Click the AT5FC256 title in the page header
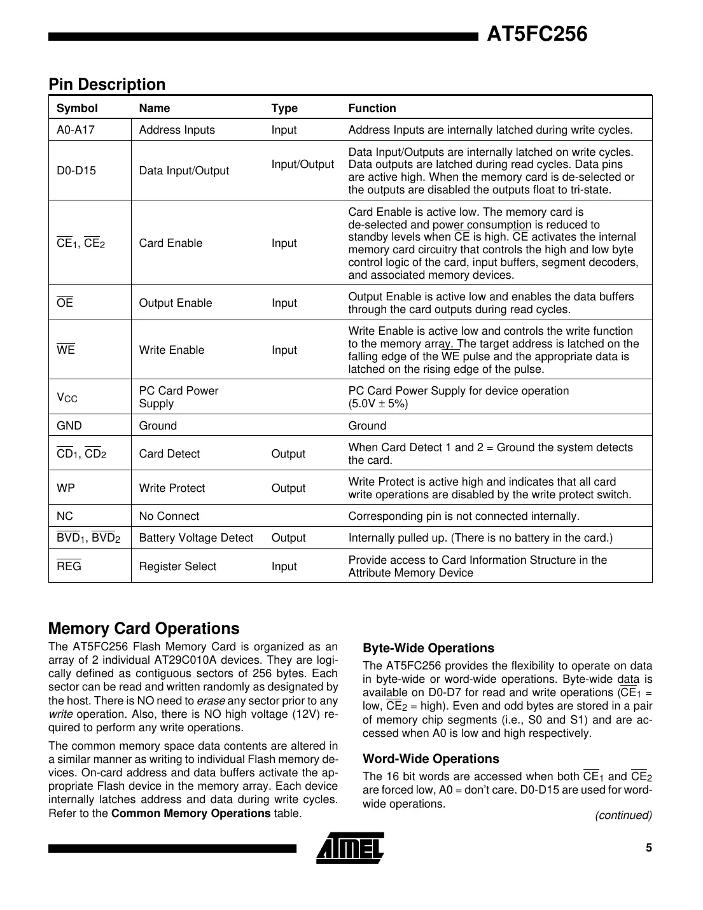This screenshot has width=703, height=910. click(537, 34)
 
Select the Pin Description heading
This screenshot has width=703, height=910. click(107, 85)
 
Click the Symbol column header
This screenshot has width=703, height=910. click(77, 108)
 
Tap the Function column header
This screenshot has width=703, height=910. click(372, 108)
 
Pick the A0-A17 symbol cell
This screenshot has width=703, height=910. click(75, 130)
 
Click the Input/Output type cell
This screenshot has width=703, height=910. click(302, 164)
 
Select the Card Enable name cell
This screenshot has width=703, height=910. click(171, 243)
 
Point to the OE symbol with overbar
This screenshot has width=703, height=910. click(65, 303)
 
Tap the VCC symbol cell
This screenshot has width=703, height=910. click(67, 398)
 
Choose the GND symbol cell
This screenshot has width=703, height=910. click(69, 426)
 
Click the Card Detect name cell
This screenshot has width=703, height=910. click(169, 454)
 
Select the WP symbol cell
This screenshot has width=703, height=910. click(66, 488)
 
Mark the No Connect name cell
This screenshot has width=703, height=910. click(169, 516)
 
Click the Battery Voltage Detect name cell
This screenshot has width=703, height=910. click(196, 538)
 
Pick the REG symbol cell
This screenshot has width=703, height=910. click(69, 566)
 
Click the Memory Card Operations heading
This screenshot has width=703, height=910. click(144, 629)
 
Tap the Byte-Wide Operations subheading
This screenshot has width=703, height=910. click(428, 648)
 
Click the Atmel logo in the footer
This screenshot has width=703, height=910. click(350, 848)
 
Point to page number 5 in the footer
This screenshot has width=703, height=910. click(648, 848)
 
